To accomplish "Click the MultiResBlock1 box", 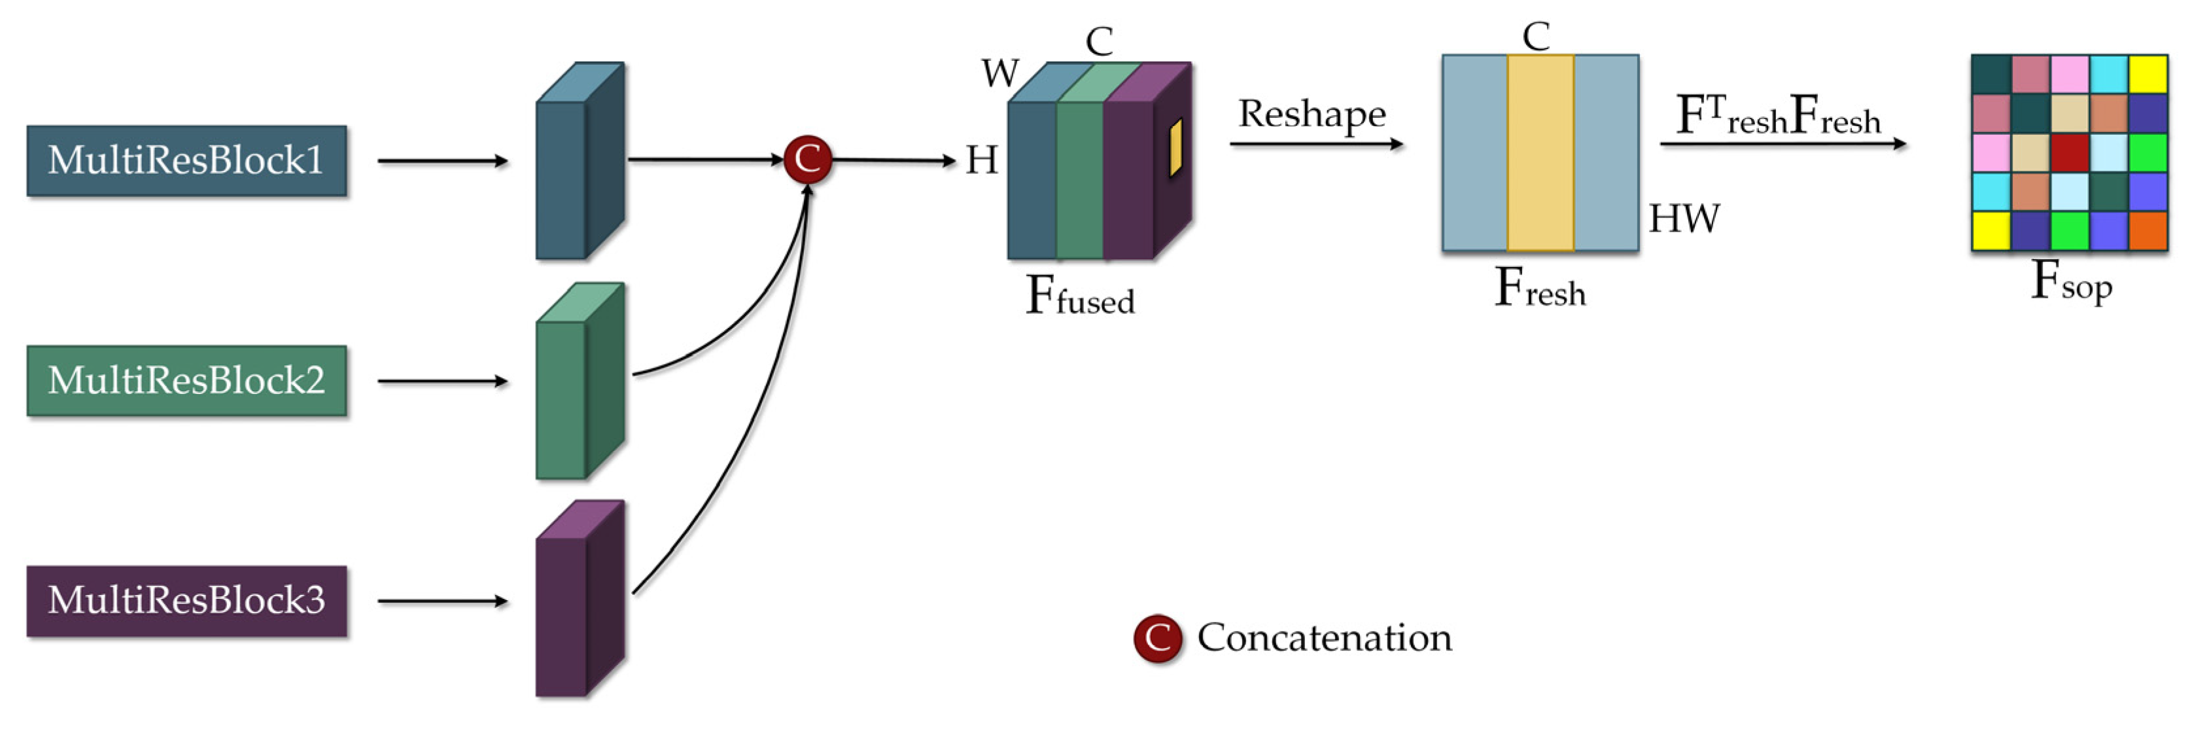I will coord(186,161).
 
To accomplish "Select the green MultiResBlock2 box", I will coord(186,380).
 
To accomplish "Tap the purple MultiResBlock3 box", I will coord(186,600).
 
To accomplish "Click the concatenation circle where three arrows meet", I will coord(807,159).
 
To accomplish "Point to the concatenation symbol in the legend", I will coord(1157,637).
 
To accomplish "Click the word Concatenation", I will coord(1324,637).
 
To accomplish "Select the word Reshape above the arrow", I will coord(1312,114).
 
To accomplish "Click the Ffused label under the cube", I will coord(1080,296).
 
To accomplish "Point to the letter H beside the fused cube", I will coord(981,160).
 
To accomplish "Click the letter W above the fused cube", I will coord(999,73).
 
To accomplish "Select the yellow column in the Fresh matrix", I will coord(1540,153).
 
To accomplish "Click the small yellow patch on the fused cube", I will coord(1175,148).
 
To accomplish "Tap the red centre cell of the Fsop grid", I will coord(2069,153).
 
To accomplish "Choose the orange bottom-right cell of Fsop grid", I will coord(2147,230).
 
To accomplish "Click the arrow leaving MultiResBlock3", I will coord(442,601).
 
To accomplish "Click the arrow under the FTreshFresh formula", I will coord(1782,144).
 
